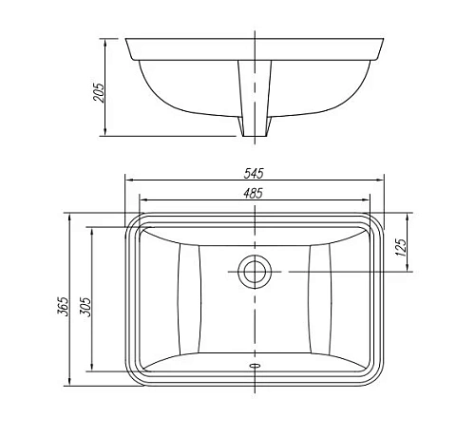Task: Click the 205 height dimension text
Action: [100, 92]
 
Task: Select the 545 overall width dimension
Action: [254, 173]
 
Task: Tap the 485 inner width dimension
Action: [254, 193]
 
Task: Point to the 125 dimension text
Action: [401, 250]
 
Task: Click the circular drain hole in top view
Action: [254, 272]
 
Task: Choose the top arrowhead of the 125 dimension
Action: [408, 216]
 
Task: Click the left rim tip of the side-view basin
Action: [128, 39]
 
